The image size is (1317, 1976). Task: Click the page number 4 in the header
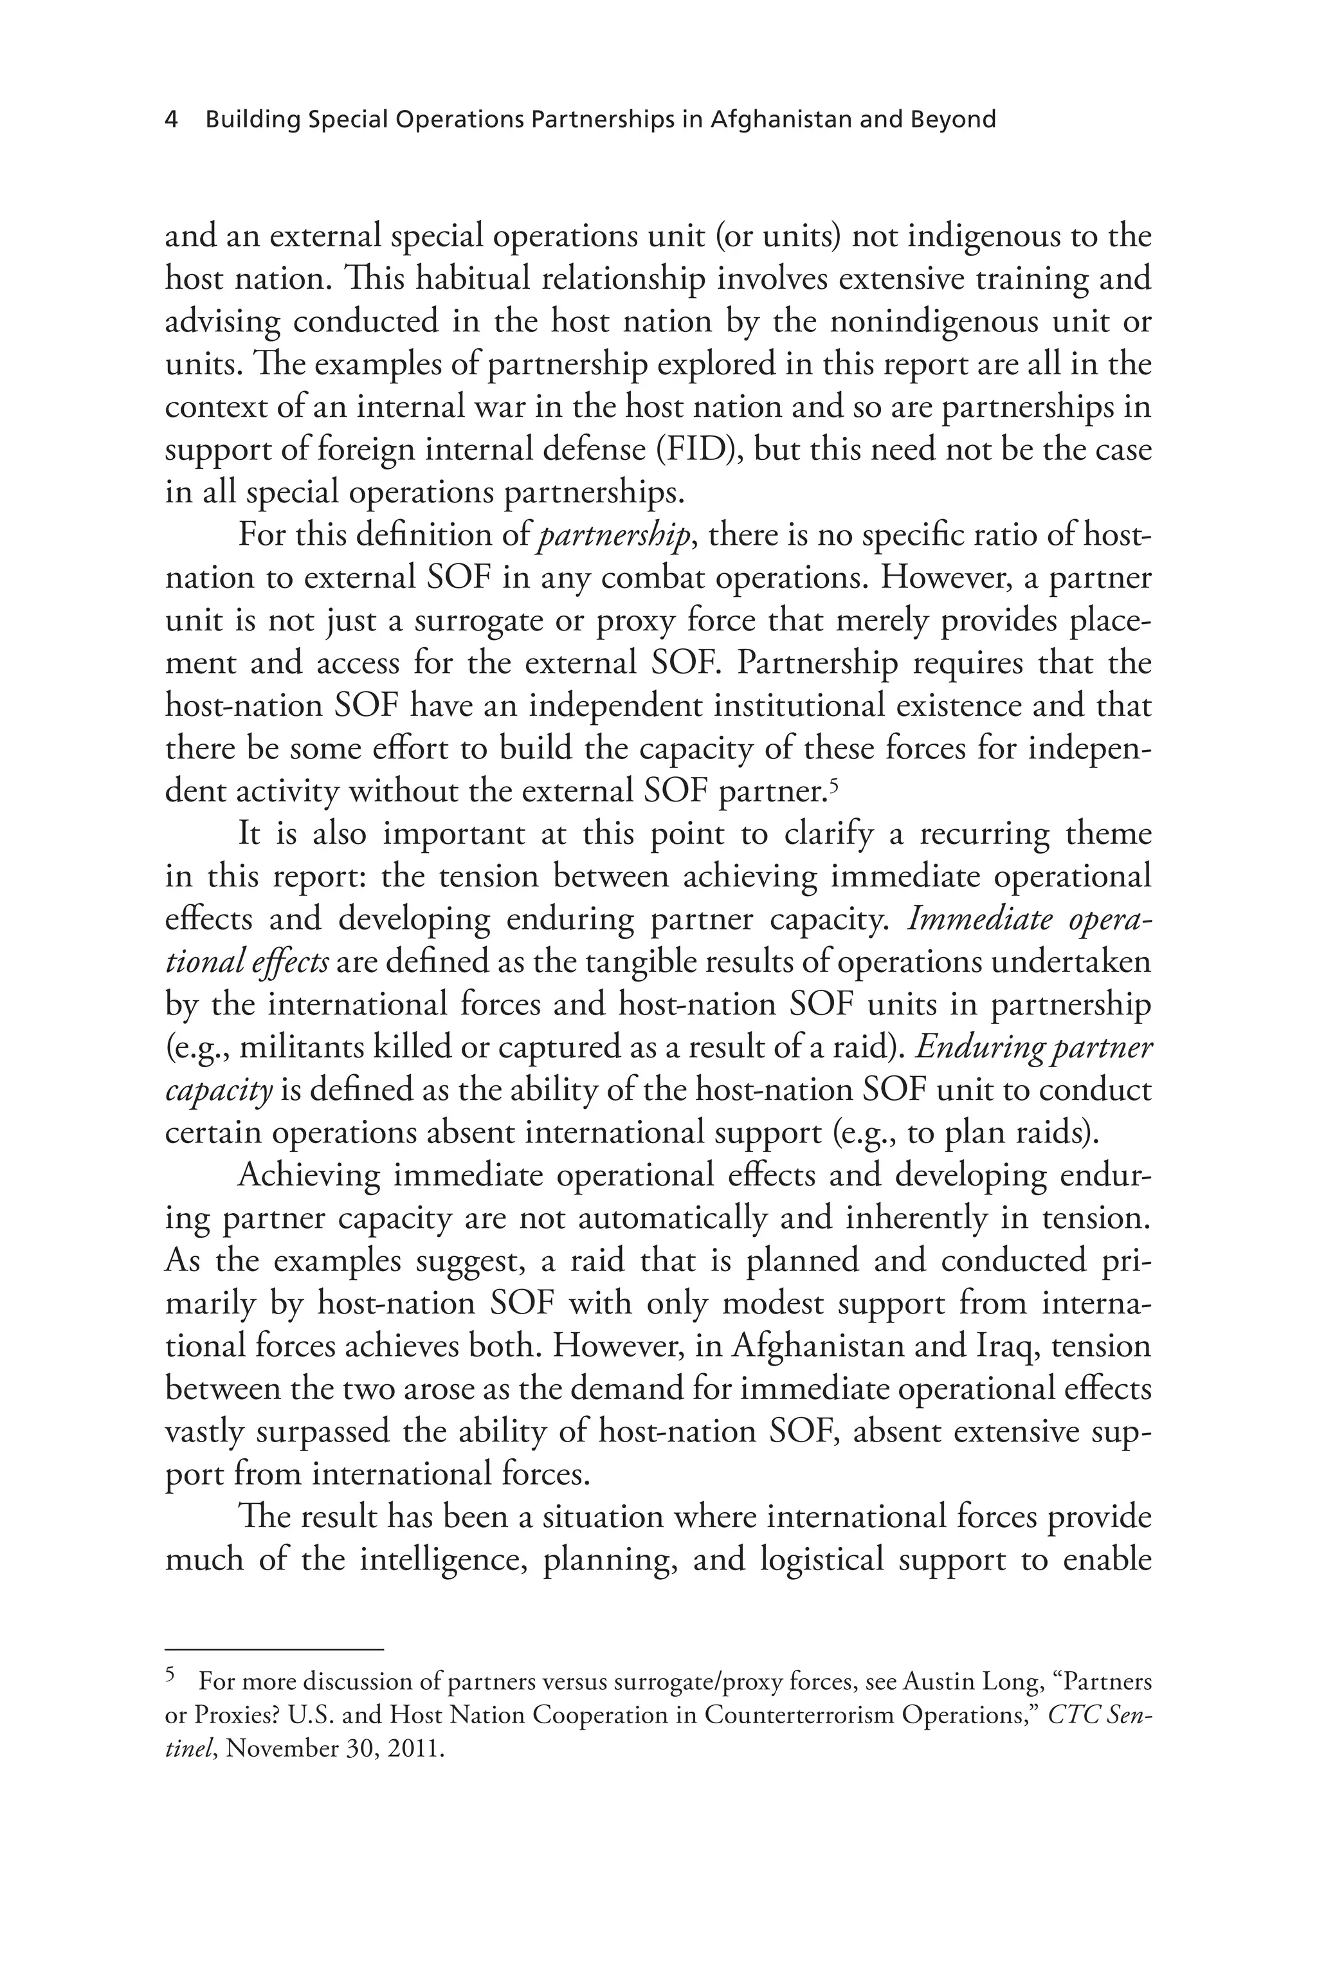tap(171, 120)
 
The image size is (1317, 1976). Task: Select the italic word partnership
tap(614, 536)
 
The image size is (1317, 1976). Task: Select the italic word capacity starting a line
tap(219, 1090)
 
